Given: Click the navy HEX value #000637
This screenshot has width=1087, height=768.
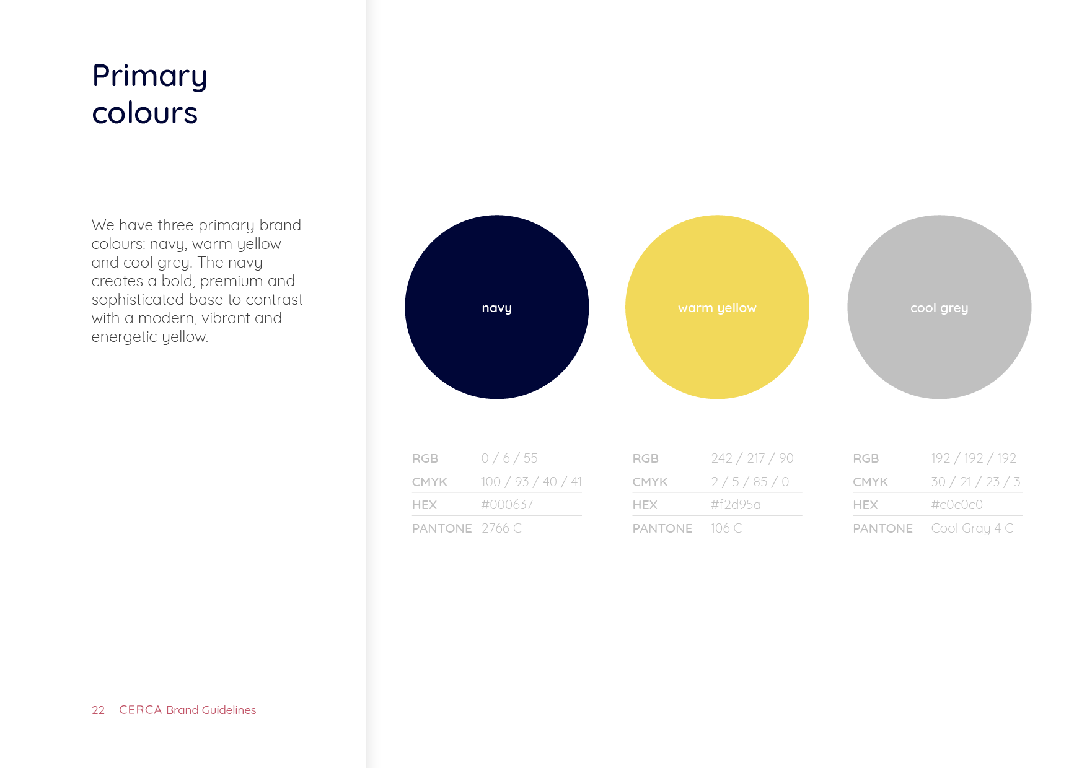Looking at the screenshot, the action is [x=507, y=505].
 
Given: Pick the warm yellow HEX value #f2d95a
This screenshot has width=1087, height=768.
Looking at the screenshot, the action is [x=736, y=505].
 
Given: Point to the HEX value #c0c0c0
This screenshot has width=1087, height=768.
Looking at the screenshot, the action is [x=957, y=505].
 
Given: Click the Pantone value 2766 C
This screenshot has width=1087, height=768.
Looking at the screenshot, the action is [x=501, y=528].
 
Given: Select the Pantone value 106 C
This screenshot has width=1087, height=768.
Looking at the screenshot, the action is [x=726, y=528].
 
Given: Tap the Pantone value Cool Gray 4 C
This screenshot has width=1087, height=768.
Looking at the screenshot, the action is [x=972, y=528].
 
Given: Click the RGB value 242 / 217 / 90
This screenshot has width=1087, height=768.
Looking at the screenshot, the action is [x=752, y=458].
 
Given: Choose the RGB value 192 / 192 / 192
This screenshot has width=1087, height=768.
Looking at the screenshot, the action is [x=974, y=458].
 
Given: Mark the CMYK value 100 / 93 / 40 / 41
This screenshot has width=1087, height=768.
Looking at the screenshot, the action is [x=531, y=482].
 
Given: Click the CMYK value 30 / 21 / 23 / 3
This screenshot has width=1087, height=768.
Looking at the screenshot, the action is [x=975, y=482].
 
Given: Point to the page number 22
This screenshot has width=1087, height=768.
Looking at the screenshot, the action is [x=98, y=710].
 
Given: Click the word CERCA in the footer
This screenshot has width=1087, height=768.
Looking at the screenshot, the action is [x=140, y=710].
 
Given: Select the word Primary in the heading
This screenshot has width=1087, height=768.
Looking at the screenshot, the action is [x=149, y=77].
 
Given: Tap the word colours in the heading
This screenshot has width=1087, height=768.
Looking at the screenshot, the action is [x=144, y=113].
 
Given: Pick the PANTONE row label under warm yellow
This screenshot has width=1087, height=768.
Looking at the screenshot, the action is [x=662, y=528].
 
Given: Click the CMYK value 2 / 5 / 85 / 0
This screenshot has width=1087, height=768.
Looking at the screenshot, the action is [x=750, y=482].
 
